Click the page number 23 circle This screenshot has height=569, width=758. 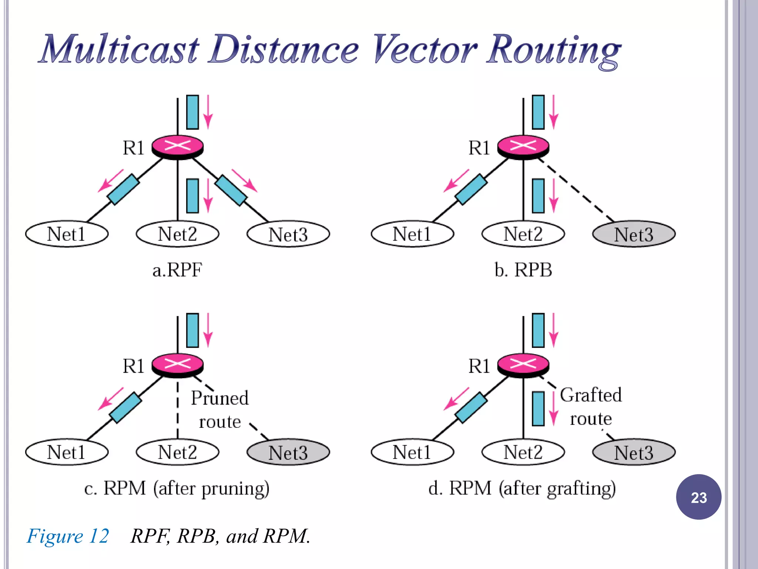(698, 497)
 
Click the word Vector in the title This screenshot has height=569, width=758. (425, 49)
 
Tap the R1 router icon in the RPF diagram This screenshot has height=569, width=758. (178, 146)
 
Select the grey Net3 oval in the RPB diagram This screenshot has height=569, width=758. (634, 234)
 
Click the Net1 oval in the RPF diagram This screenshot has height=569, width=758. (67, 234)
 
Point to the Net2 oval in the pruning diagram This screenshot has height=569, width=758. (178, 452)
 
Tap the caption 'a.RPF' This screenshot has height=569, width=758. (177, 270)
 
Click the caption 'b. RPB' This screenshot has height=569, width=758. (523, 270)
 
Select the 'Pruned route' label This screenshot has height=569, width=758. (220, 410)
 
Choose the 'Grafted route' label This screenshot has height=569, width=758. (591, 407)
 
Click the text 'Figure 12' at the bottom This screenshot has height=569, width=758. (68, 536)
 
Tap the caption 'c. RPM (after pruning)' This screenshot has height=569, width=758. (177, 488)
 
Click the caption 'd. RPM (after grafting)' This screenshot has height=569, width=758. (522, 488)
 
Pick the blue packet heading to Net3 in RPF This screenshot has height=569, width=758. (231, 190)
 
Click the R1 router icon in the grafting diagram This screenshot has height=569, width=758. (523, 365)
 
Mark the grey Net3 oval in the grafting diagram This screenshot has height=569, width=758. (634, 452)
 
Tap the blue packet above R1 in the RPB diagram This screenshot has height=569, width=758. (538, 112)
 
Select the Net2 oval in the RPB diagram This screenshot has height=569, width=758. (523, 234)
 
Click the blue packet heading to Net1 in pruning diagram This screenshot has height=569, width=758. (125, 408)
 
